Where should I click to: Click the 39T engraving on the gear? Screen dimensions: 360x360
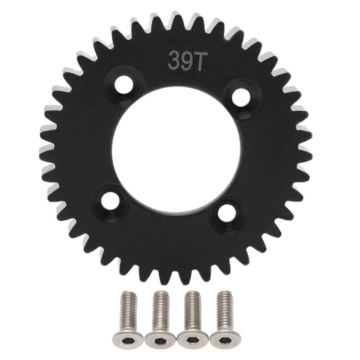click(180, 59)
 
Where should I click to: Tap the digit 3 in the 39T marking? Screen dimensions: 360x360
click(171, 59)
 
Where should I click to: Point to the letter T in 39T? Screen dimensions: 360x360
click(190, 59)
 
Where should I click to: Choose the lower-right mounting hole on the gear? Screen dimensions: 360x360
click(226, 212)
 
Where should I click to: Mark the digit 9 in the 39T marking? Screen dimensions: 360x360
click(180, 59)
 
